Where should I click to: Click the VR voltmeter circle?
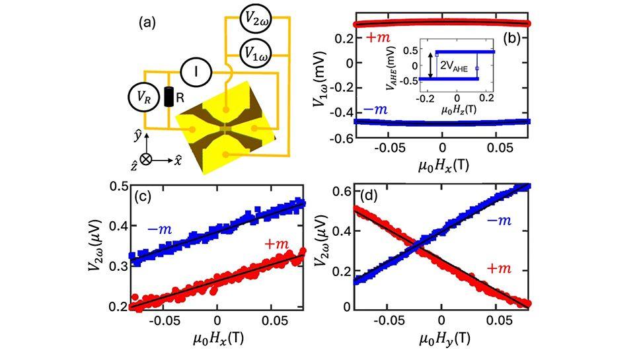coord(143,96)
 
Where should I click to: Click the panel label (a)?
coord(147,24)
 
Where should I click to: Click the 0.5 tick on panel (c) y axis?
coord(117,186)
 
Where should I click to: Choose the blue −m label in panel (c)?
coord(162,229)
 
